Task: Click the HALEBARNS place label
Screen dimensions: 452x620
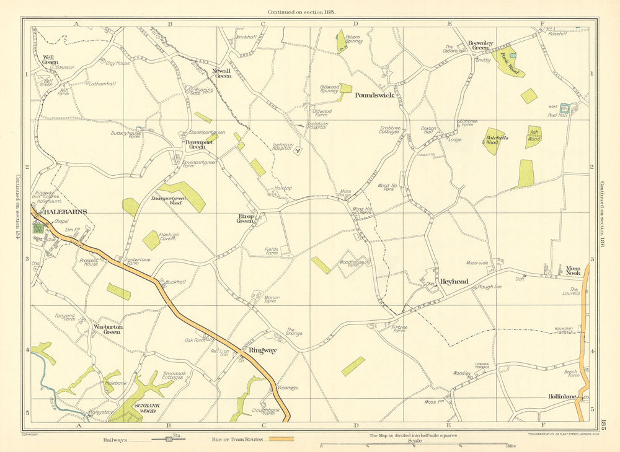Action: pyautogui.click(x=64, y=212)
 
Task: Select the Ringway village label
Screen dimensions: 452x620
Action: pyautogui.click(x=262, y=350)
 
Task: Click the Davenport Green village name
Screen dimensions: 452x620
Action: pyautogui.click(x=197, y=144)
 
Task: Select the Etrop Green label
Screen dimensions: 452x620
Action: pyautogui.click(x=246, y=219)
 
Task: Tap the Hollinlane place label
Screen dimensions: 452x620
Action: pyautogui.click(x=562, y=396)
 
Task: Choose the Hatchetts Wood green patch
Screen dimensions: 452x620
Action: pyautogui.click(x=493, y=141)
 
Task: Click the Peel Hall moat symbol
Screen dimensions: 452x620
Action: pyautogui.click(x=564, y=108)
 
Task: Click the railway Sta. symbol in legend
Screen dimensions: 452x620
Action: pyautogui.click(x=169, y=439)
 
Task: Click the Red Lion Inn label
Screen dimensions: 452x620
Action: pyautogui.click(x=220, y=352)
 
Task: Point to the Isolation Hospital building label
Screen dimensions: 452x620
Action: pyautogui.click(x=282, y=147)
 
